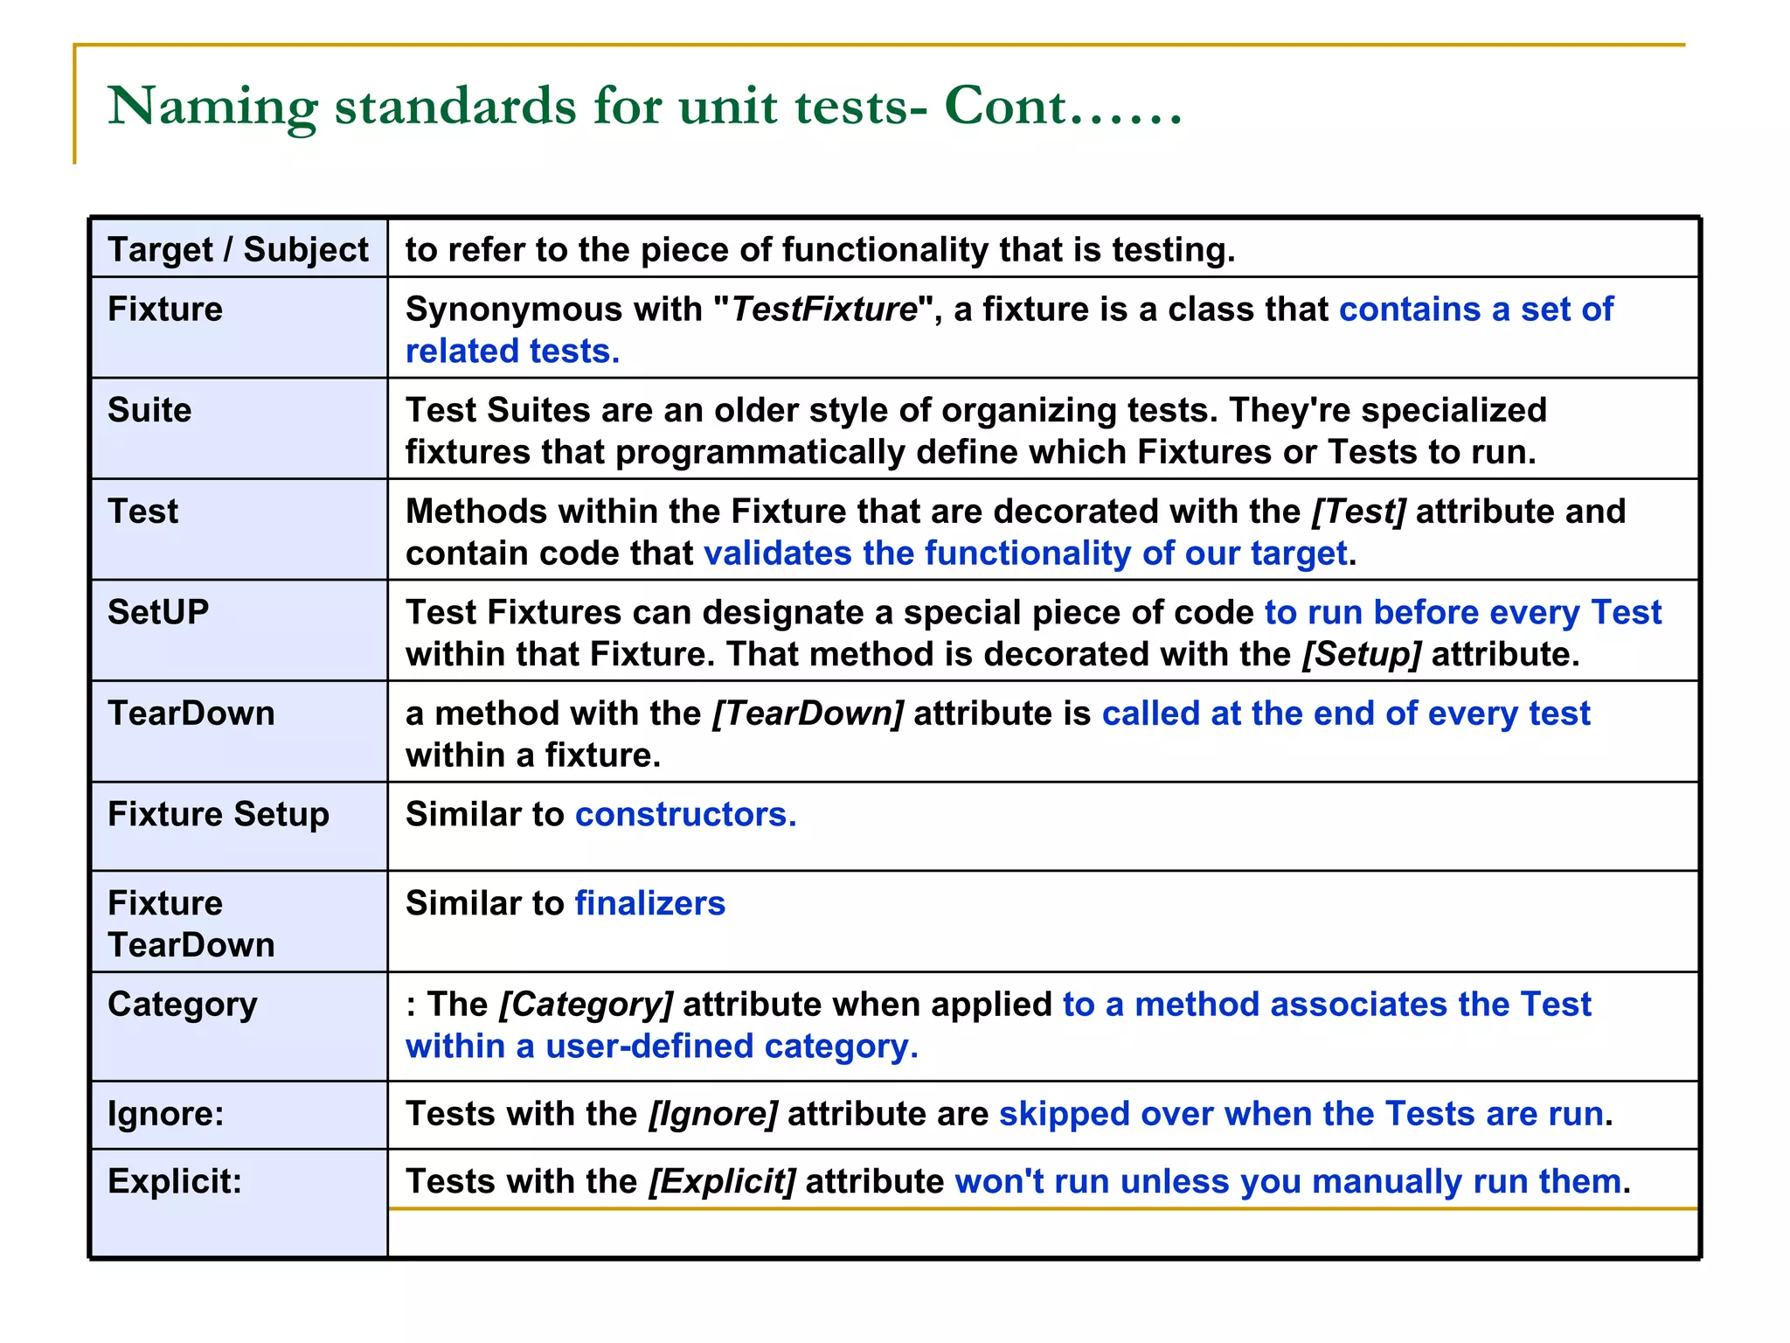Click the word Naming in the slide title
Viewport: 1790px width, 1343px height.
pyautogui.click(x=212, y=107)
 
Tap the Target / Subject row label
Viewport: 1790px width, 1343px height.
pyautogui.click(x=238, y=250)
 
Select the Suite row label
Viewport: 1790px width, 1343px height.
pyautogui.click(x=149, y=410)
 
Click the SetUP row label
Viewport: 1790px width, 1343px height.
pyautogui.click(x=158, y=612)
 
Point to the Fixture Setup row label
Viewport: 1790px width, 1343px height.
pyautogui.click(x=219, y=814)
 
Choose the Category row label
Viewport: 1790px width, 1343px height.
pyautogui.click(x=183, y=1005)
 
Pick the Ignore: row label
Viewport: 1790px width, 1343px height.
pyautogui.click(x=166, y=1114)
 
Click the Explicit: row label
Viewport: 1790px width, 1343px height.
pyautogui.click(x=175, y=1181)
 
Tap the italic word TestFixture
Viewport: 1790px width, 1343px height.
pyautogui.click(x=823, y=310)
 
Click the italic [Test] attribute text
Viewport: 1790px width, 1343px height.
pyautogui.click(x=1358, y=511)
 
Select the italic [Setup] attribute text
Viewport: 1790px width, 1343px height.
pyautogui.click(x=1362, y=654)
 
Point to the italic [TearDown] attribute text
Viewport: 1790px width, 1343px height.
pyautogui.click(x=808, y=713)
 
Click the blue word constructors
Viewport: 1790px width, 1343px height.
pyautogui.click(x=685, y=814)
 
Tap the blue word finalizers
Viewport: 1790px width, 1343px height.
pyautogui.click(x=650, y=903)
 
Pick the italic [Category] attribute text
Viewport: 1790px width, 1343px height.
pyautogui.click(x=586, y=1005)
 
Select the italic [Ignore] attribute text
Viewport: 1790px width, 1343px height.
pyautogui.click(x=712, y=1114)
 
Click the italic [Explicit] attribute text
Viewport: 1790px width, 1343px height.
pyautogui.click(x=722, y=1181)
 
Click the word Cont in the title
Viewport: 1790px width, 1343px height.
pyautogui.click(x=1005, y=107)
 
